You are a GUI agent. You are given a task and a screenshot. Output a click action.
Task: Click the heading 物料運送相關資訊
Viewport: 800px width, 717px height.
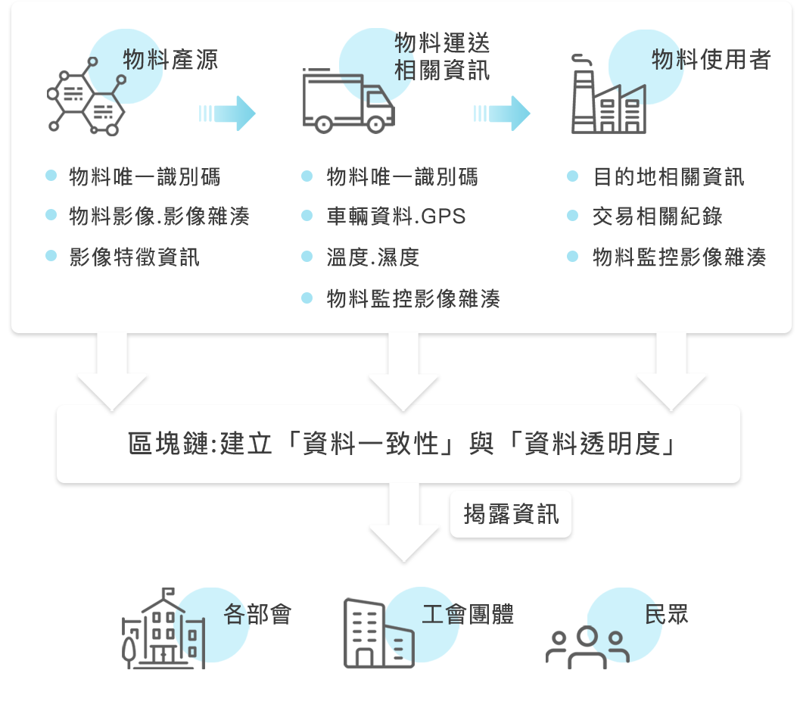442,56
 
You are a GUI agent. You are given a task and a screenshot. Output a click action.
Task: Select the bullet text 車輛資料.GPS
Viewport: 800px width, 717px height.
396,217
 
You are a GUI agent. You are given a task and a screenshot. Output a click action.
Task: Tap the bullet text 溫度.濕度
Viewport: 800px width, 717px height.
372,257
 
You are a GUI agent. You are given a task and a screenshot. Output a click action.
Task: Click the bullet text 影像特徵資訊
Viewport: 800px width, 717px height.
134,257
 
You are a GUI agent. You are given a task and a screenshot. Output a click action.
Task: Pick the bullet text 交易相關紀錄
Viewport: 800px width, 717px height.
657,217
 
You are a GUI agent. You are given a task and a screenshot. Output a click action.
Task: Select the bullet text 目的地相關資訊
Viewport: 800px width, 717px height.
668,176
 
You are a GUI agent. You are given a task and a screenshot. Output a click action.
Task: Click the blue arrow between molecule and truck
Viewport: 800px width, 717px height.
227,114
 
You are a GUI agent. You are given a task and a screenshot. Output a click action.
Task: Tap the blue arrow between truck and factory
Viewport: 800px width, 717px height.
501,114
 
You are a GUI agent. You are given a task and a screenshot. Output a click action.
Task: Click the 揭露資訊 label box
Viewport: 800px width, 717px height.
512,515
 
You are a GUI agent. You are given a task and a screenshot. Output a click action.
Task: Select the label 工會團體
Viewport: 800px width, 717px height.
467,614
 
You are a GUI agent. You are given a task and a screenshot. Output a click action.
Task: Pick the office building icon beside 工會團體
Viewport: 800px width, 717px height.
378,634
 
